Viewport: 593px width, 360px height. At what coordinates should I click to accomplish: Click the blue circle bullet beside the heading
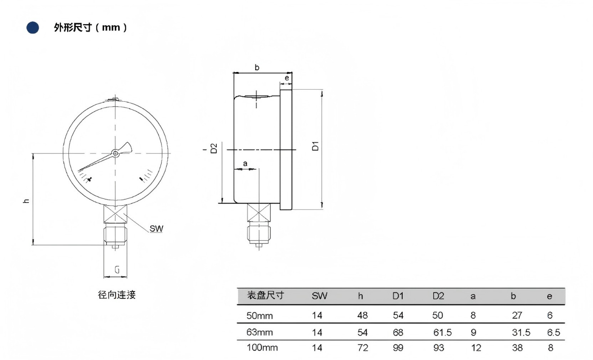pyautogui.click(x=32, y=27)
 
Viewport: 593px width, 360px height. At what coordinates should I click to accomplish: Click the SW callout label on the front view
pyautogui.click(x=157, y=229)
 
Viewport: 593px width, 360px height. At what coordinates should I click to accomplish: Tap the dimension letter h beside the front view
pyautogui.click(x=27, y=201)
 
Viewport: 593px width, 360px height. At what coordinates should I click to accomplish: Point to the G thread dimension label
pyautogui.click(x=117, y=270)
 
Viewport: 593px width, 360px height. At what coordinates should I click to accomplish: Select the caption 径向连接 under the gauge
pyautogui.click(x=117, y=295)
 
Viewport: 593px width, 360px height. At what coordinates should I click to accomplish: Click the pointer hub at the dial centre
pyautogui.click(x=115, y=153)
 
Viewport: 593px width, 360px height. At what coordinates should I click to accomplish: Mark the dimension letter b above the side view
pyautogui.click(x=257, y=67)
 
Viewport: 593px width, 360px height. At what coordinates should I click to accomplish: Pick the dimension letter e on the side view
pyautogui.click(x=287, y=78)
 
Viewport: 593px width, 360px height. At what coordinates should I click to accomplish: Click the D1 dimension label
pyautogui.click(x=315, y=146)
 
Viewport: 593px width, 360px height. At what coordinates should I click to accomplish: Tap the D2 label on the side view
pyautogui.click(x=214, y=148)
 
